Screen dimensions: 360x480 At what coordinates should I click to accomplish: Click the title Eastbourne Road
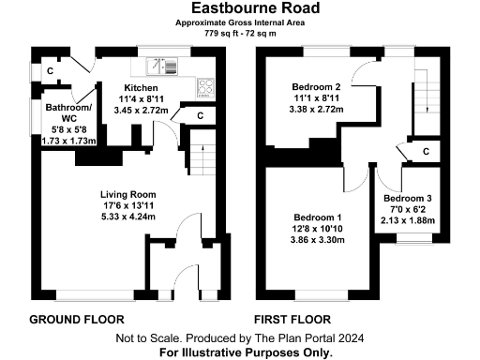point(239,8)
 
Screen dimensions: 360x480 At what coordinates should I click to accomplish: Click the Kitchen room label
point(140,86)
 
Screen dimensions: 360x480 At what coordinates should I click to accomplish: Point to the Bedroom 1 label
point(317,217)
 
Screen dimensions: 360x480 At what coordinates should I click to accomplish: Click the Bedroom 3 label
point(409,199)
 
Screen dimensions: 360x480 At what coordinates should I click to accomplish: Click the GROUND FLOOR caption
point(77,319)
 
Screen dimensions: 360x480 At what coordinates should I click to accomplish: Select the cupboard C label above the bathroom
point(50,70)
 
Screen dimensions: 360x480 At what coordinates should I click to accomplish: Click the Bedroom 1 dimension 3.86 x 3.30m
point(317,240)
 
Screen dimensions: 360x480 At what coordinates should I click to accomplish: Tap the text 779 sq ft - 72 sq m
point(239,33)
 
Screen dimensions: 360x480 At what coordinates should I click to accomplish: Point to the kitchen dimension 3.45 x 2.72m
point(140,110)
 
